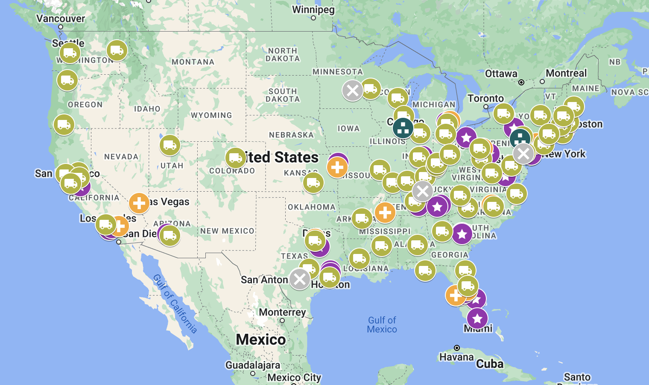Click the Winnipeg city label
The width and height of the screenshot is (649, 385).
pyautogui.click(x=313, y=10)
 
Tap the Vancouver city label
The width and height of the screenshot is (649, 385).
pyautogui.click(x=61, y=19)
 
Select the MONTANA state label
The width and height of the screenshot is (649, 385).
pyautogui.click(x=193, y=62)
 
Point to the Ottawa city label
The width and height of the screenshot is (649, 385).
pyautogui.click(x=501, y=74)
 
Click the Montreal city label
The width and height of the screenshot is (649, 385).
pyautogui.click(x=566, y=73)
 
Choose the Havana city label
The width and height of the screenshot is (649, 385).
pyautogui.click(x=456, y=357)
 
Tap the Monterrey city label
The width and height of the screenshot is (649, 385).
pyautogui.click(x=282, y=312)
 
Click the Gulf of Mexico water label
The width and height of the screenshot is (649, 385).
pyautogui.click(x=382, y=325)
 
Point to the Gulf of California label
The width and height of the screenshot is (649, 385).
pyautogui.click(x=175, y=303)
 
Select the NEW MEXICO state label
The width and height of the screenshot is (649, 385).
pyautogui.click(x=227, y=231)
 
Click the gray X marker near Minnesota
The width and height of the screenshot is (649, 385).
pyautogui.click(x=353, y=90)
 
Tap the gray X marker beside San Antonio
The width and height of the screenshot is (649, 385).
pyautogui.click(x=300, y=279)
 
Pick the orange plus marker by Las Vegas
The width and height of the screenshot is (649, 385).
pyautogui.click(x=139, y=203)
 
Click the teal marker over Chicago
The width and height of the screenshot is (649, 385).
pyautogui.click(x=403, y=128)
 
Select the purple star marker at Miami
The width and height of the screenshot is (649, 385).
pyautogui.click(x=477, y=318)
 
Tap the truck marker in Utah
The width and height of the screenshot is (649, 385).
pyautogui.click(x=170, y=145)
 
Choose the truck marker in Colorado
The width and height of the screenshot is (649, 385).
pyautogui.click(x=236, y=158)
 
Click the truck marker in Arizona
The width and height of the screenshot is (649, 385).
pyautogui.click(x=170, y=235)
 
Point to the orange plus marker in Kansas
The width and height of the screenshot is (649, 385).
pyautogui.click(x=337, y=167)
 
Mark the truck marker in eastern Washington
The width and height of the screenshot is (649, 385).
pyautogui.click(x=117, y=51)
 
